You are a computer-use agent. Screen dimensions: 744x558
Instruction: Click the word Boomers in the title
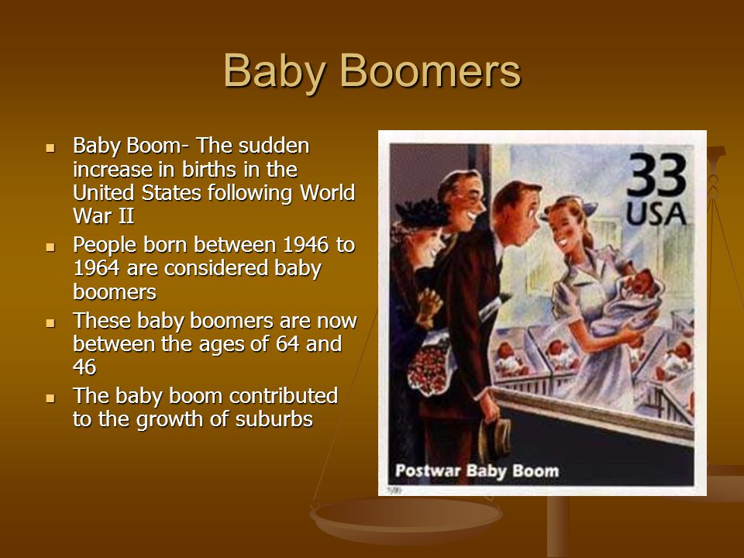tap(430, 71)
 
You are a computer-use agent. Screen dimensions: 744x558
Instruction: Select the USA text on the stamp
tap(656, 214)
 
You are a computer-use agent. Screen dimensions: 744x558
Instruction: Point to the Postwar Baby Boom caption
tap(477, 471)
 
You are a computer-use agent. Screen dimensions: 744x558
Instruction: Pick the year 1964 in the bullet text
tap(96, 268)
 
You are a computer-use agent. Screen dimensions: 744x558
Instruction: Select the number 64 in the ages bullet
tap(288, 343)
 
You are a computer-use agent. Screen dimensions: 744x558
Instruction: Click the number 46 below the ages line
tap(84, 367)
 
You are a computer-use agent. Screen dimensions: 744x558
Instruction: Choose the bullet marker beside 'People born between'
tap(50, 247)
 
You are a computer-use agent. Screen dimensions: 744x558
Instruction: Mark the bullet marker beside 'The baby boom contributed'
tap(50, 398)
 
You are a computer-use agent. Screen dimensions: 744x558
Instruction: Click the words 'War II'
tap(103, 215)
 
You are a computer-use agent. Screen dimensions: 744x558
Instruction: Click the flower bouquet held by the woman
tap(429, 364)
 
